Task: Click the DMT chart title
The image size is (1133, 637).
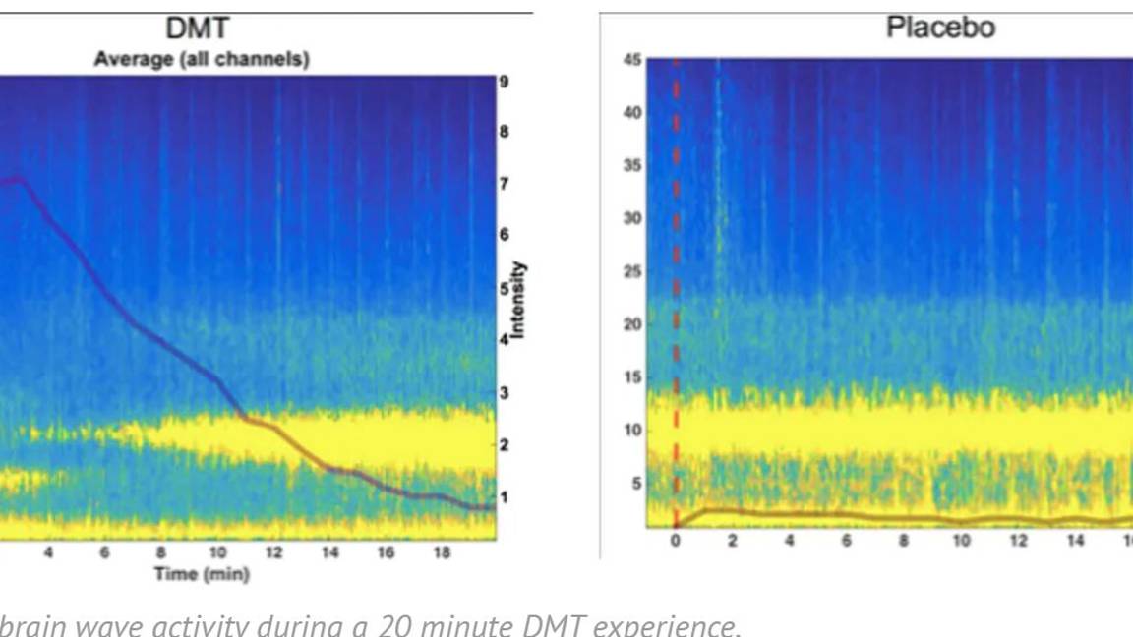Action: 202,29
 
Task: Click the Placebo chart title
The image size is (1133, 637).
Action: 940,28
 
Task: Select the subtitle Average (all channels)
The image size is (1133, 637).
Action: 202,59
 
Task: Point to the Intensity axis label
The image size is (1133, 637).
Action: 518,300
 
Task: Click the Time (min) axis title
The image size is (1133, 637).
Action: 203,574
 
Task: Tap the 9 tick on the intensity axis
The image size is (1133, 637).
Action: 504,82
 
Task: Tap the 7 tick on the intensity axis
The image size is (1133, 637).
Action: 504,184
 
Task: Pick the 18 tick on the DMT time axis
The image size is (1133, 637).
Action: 442,552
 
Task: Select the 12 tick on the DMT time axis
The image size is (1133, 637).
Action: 273,552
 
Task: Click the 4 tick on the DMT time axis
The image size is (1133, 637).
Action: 48,552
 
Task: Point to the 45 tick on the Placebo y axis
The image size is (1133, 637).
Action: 631,60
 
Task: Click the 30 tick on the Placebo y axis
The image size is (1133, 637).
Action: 631,218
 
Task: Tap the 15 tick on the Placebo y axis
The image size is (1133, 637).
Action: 631,377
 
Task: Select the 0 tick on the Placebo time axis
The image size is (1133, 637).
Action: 676,541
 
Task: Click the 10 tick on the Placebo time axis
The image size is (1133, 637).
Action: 961,541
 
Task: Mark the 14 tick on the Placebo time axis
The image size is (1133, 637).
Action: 1075,541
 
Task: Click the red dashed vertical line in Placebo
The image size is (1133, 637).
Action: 676,295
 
